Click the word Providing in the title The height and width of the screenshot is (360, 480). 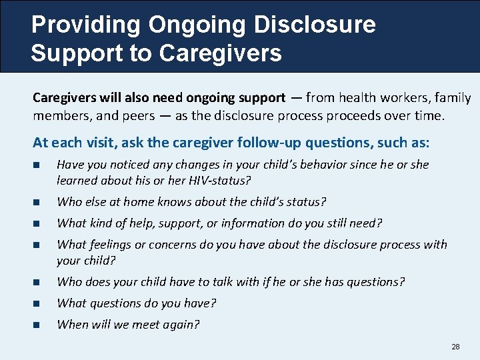86,25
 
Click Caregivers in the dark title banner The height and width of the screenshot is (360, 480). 231,53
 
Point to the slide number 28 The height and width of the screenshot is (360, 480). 456,347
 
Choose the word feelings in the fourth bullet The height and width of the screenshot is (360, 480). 110,245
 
